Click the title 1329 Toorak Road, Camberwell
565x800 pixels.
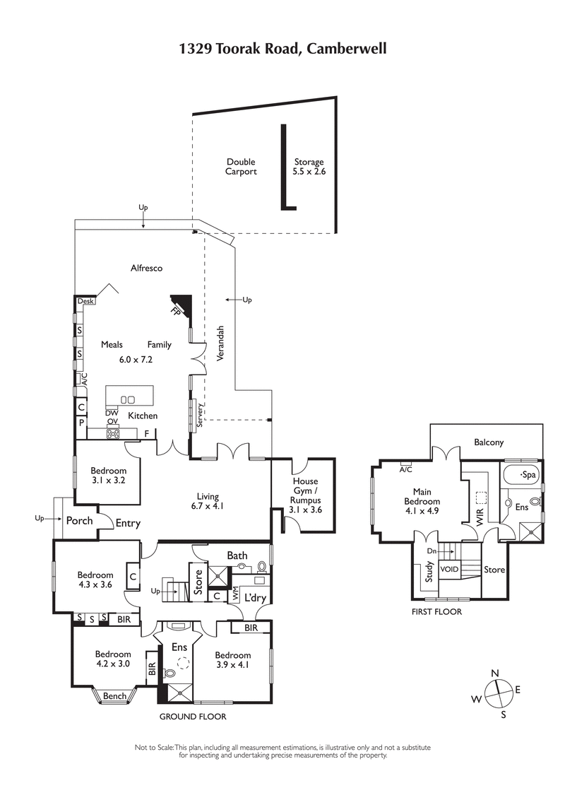tap(282, 49)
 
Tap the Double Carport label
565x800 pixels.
tap(241, 167)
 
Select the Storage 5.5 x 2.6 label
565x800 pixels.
tap(309, 167)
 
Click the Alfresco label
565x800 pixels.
tap(147, 268)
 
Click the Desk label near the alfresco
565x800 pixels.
tap(85, 301)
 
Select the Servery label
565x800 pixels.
tap(200, 415)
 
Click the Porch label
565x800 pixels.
tap(79, 521)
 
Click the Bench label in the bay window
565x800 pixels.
tap(114, 697)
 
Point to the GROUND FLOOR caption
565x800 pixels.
tap(192, 717)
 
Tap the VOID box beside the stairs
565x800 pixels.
tap(449, 569)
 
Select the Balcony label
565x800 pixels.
tap(489, 443)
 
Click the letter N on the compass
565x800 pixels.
tap(495, 673)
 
